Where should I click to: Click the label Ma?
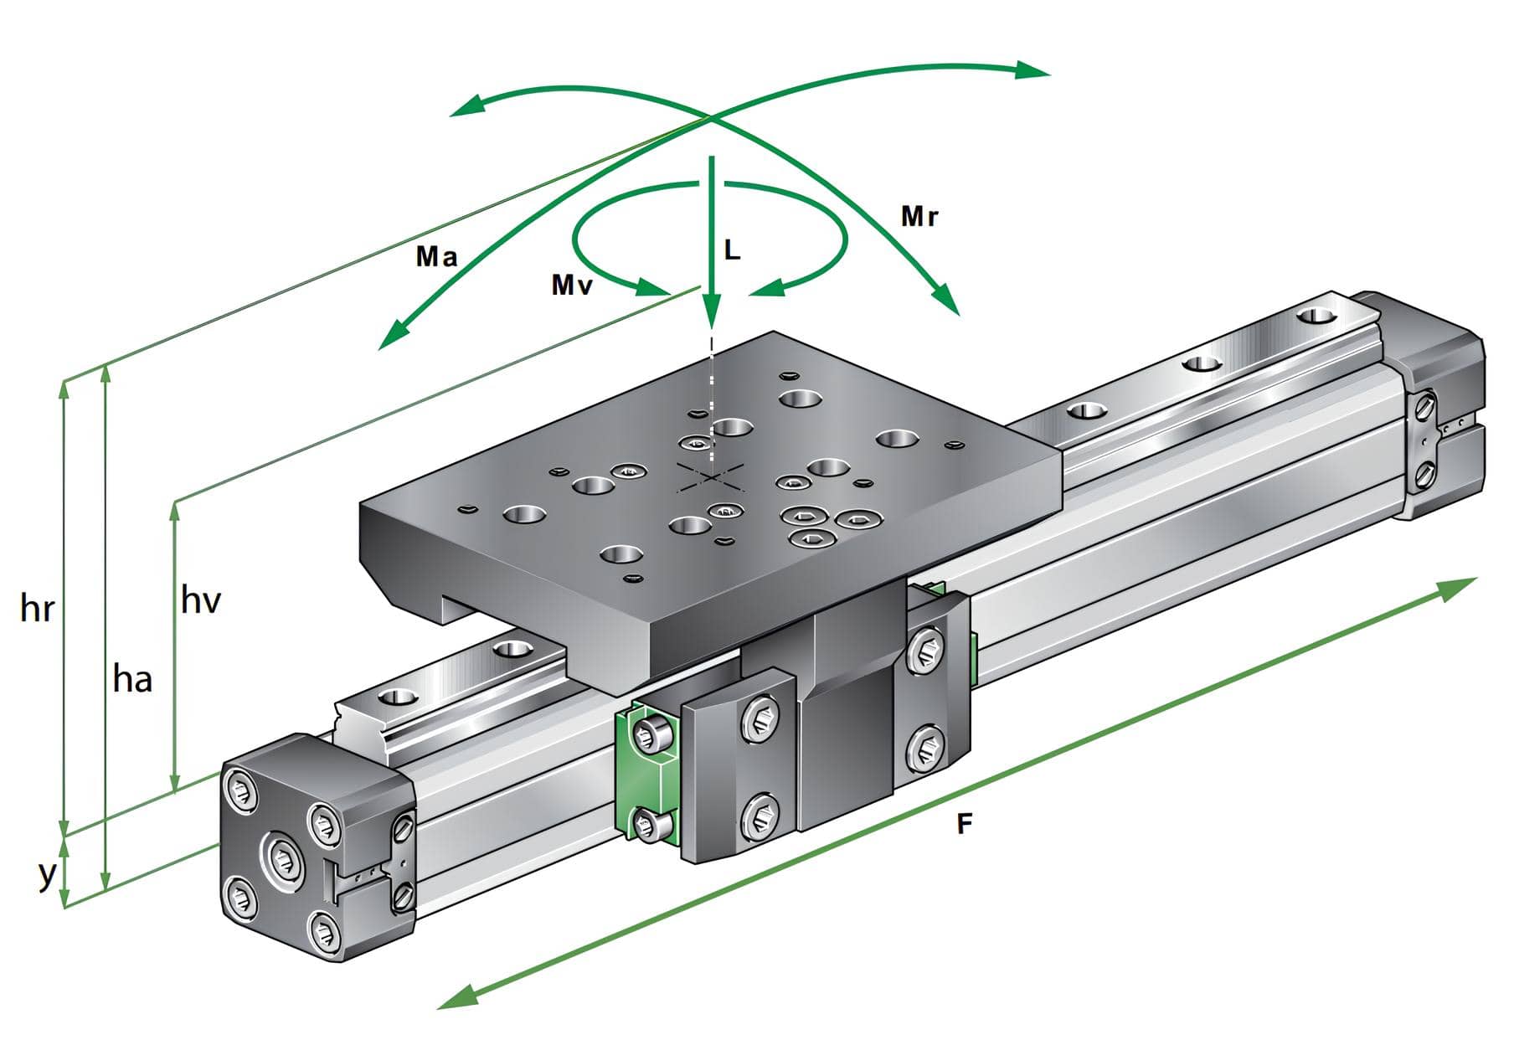click(x=437, y=256)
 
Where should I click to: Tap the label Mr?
click(x=919, y=217)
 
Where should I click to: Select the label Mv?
click(x=572, y=285)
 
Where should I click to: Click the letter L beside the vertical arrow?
click(x=732, y=250)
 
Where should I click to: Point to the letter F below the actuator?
click(x=965, y=824)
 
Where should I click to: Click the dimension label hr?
click(x=37, y=608)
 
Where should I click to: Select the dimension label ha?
click(x=132, y=678)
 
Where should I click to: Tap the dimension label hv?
click(x=200, y=600)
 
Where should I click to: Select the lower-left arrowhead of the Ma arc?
click(x=392, y=337)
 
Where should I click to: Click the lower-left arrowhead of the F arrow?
click(x=457, y=996)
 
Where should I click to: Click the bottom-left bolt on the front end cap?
click(x=241, y=899)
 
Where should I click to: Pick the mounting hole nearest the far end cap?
click(x=1317, y=317)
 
